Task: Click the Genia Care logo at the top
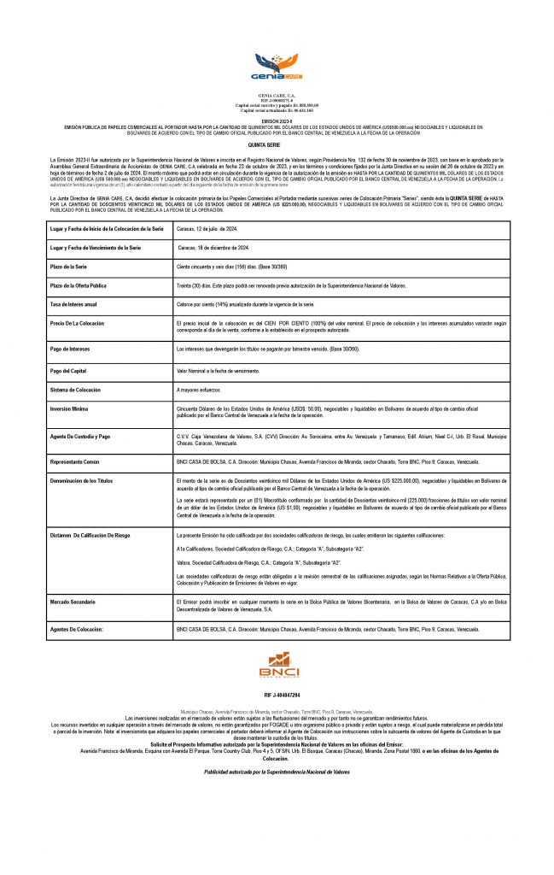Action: click(x=277, y=64)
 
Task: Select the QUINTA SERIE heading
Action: click(x=277, y=147)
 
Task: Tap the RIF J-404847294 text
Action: click(x=277, y=696)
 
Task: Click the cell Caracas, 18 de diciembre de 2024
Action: click(x=213, y=247)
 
